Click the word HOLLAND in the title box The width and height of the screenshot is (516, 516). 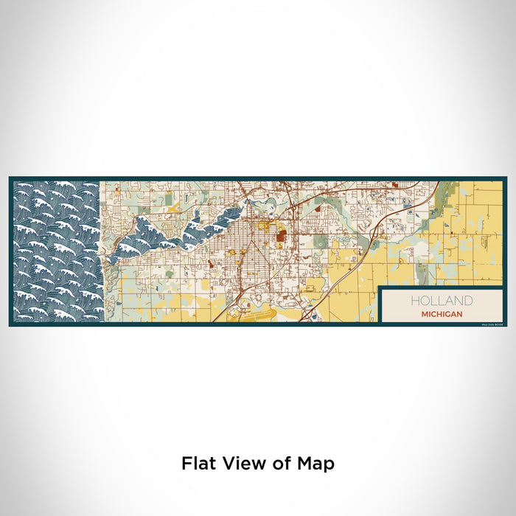click(x=442, y=301)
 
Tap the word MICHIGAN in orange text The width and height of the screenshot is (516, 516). click(x=442, y=314)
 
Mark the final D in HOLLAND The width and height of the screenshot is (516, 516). click(x=468, y=301)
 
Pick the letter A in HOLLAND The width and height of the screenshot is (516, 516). click(x=450, y=301)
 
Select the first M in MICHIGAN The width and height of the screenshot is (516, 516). click(x=425, y=314)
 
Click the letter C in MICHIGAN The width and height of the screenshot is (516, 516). click(x=435, y=314)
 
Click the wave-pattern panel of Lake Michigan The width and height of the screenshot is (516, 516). click(x=57, y=251)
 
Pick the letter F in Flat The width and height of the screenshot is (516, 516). click(x=186, y=464)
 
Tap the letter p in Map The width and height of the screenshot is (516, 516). click(x=330, y=466)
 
